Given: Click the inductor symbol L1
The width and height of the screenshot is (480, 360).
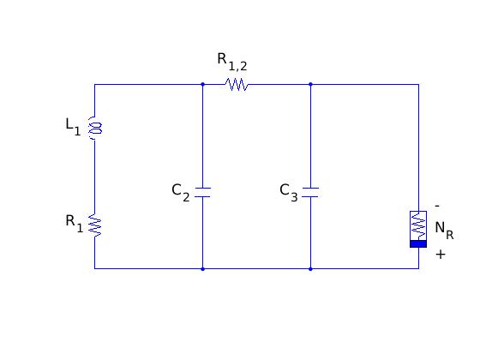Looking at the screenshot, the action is click(94, 129).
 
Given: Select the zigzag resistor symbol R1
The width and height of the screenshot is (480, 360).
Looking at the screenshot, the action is click(94, 225).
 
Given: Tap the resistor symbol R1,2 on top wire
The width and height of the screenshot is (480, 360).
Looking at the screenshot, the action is click(237, 85).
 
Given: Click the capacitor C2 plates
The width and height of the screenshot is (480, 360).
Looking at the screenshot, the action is click(202, 192).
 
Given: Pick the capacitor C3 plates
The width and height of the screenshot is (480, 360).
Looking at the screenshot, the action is click(310, 192).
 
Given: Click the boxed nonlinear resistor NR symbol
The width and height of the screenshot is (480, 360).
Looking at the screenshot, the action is click(418, 229).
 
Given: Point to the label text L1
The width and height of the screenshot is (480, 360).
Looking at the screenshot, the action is click(73, 127).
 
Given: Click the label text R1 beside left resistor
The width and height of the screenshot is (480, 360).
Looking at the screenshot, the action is click(74, 224).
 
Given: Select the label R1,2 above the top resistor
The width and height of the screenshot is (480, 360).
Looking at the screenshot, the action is click(232, 62).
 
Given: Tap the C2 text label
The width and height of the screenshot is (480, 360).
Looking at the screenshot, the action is click(181, 192).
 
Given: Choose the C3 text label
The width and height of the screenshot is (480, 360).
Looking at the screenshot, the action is click(289, 192).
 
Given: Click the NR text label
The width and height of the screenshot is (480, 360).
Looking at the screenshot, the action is click(444, 231).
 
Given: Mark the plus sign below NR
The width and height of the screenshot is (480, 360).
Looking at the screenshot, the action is click(441, 255).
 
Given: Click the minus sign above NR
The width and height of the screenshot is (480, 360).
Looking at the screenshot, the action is click(437, 206).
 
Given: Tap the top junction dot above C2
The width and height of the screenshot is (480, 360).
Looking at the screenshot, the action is click(202, 84).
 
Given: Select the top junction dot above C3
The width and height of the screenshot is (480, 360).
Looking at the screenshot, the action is click(310, 84).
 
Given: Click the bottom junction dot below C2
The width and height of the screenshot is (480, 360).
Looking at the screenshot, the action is click(202, 269).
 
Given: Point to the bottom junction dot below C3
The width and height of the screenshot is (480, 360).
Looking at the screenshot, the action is click(310, 269).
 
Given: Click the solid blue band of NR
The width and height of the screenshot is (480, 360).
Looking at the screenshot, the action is click(418, 244).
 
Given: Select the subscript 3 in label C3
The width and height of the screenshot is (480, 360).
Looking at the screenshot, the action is click(294, 197).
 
